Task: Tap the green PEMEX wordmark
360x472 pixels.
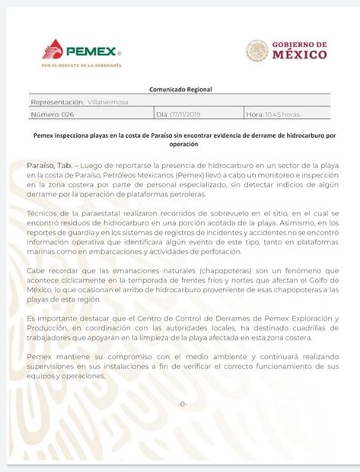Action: click(x=91, y=52)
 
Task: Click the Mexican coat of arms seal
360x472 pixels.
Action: click(x=256, y=50)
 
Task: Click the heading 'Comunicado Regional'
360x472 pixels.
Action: click(x=180, y=89)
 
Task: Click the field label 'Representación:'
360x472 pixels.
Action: click(x=57, y=102)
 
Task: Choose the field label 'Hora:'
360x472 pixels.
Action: click(x=254, y=114)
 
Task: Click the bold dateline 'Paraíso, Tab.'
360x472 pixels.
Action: click(x=51, y=164)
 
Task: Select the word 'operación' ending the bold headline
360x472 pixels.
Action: click(x=180, y=144)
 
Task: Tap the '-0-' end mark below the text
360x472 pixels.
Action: click(x=181, y=403)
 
